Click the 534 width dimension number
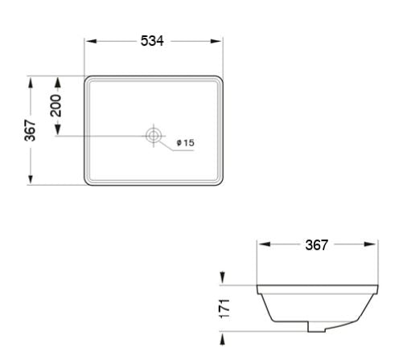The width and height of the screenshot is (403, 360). (x=153, y=41)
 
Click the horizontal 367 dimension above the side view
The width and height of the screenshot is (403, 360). (x=316, y=245)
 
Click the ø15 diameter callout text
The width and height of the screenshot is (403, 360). (x=185, y=143)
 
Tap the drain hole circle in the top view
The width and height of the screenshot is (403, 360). (x=153, y=135)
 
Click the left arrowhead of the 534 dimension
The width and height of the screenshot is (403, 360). (x=89, y=41)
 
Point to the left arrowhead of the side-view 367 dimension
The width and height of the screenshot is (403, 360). (x=262, y=245)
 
